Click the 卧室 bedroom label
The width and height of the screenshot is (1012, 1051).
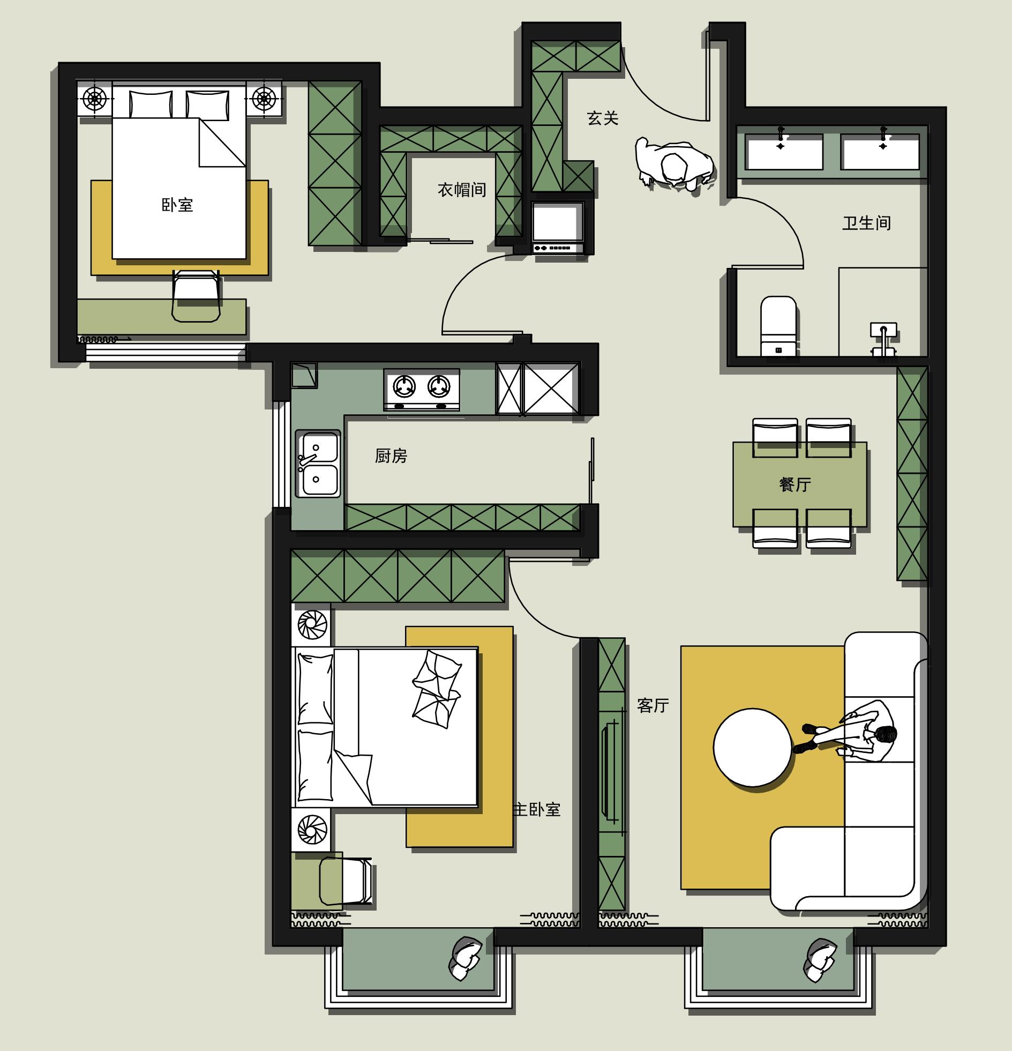tap(177, 205)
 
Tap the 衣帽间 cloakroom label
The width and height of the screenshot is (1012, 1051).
tap(462, 189)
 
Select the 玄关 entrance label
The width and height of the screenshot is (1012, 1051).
tap(603, 118)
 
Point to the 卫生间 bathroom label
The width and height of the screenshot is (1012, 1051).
tap(867, 222)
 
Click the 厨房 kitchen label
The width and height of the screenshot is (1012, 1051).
tap(391, 456)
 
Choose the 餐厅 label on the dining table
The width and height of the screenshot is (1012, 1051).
tap(795, 484)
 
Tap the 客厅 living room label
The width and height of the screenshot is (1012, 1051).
tap(653, 705)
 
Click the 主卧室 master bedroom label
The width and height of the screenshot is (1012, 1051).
tap(537, 809)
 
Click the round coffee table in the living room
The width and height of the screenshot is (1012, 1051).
tap(752, 747)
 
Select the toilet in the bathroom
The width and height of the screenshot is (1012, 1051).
tap(778, 326)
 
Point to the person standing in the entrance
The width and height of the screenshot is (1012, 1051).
tap(674, 163)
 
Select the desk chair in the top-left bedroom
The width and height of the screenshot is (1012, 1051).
tap(196, 296)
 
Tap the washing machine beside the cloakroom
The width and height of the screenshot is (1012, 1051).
tap(558, 228)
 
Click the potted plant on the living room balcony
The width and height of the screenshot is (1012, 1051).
tap(820, 960)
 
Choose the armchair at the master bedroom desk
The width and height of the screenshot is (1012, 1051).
tap(346, 881)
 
